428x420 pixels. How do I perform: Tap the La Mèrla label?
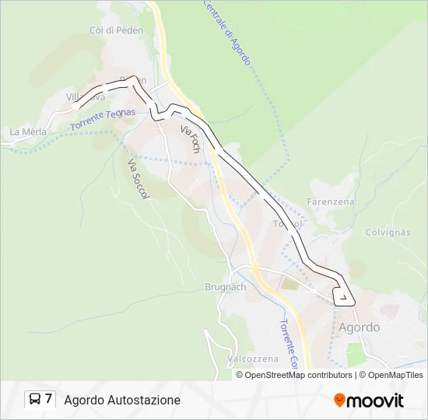pyautogui.click(x=28, y=132)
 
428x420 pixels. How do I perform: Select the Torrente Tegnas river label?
pyautogui.click(x=102, y=119)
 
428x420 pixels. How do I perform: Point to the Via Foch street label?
pyautogui.click(x=191, y=138)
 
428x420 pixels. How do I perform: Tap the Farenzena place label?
pyautogui.click(x=331, y=201)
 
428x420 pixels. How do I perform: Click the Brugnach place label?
pyautogui.click(x=226, y=287)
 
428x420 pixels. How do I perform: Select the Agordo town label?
pyautogui.click(x=360, y=327)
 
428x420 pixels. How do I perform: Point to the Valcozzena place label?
pyautogui.click(x=254, y=359)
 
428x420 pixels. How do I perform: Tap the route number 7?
pyautogui.click(x=49, y=400)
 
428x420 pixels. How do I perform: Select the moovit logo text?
pyautogui.click(x=375, y=401)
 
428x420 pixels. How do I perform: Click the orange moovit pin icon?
pyautogui.click(x=339, y=401)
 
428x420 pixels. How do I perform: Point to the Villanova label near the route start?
pyautogui.click(x=86, y=96)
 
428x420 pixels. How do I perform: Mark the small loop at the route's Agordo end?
pyautogui.click(x=342, y=296)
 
